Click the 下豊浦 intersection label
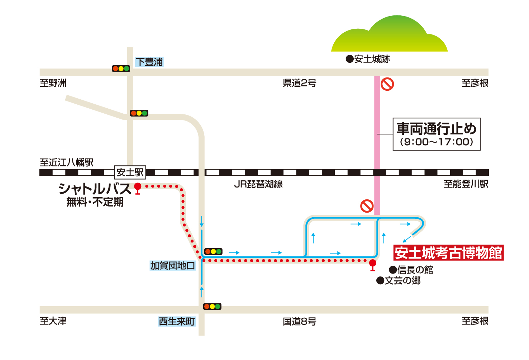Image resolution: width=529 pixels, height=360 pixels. [x=149, y=62]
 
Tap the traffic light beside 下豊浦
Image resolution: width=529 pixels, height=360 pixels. [x=121, y=68]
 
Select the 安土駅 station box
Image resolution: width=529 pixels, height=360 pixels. [x=130, y=172]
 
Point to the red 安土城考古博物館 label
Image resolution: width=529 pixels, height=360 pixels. [x=448, y=253]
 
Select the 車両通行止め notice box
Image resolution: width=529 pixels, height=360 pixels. [x=436, y=134]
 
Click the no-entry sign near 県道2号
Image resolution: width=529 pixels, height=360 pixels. [x=387, y=84]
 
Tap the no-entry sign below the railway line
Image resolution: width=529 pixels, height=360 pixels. [x=367, y=206]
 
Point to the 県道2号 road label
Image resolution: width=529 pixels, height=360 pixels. [x=299, y=83]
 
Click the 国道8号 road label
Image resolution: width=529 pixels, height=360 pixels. [x=299, y=322]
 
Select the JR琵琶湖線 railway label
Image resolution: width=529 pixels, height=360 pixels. [x=258, y=184]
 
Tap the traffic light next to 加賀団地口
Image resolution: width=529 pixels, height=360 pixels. [x=213, y=251]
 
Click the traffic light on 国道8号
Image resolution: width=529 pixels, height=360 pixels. [x=212, y=307]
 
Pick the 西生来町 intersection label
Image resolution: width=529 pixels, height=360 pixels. [x=177, y=322]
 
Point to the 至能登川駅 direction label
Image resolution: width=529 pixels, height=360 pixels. [x=466, y=184]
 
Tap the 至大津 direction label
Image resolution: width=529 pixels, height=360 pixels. [x=53, y=321]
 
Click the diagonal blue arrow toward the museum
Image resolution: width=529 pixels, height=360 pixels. [x=407, y=238]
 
